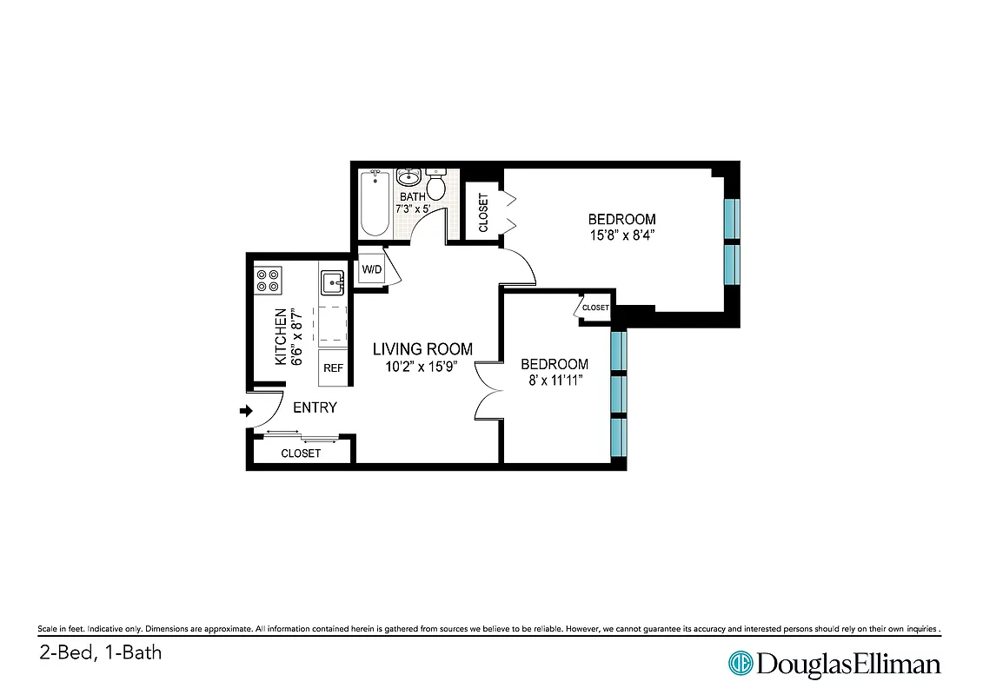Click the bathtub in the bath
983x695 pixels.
pos(375,203)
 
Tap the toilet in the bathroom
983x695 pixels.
pos(436,185)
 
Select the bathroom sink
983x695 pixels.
pos(408,177)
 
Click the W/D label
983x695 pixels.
pos(371,269)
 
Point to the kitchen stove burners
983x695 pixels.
pos(268,280)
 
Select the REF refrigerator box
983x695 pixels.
pos(333,368)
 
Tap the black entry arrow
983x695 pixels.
pos(246,411)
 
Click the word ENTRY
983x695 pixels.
pos(315,407)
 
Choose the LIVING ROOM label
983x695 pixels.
pos(422,349)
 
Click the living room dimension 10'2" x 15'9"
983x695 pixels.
pos(422,367)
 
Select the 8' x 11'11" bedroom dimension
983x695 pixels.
pos(554,381)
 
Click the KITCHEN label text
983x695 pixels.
pos(282,337)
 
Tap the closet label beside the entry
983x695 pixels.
pos(301,453)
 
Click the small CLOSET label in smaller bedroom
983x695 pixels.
pos(595,308)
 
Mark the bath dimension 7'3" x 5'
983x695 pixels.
pos(413,209)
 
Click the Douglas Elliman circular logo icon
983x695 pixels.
pos(740,664)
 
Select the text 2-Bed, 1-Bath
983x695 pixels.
pos(100,652)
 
